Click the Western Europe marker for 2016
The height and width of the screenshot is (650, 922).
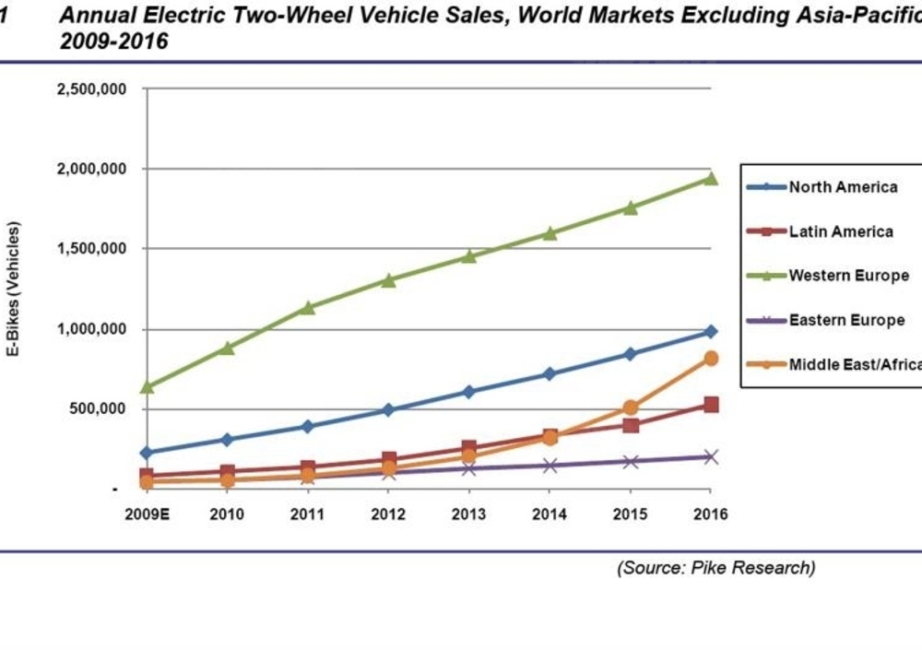(x=710, y=178)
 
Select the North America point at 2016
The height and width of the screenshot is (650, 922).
(x=710, y=331)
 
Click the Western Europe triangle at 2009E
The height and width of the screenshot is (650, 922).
(x=147, y=386)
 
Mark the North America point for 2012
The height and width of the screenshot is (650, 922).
(x=388, y=409)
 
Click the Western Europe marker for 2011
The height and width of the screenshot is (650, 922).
(x=308, y=307)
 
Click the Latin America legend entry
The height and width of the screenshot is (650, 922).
(x=840, y=231)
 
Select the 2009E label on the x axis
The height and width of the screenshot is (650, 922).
(x=146, y=514)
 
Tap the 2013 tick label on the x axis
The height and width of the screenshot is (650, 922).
(x=468, y=514)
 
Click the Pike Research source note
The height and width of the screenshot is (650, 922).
(x=715, y=568)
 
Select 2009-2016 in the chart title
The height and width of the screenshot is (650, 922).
(x=114, y=41)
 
